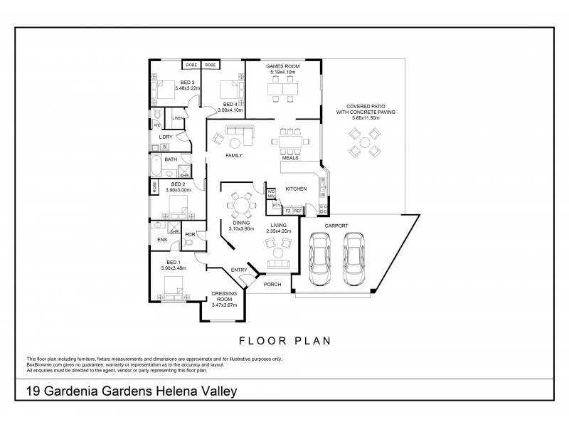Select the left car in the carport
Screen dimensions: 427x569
(x=321, y=259)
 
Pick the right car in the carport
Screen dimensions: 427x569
(x=355, y=259)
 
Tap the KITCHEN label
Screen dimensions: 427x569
(x=296, y=189)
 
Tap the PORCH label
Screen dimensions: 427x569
(x=272, y=285)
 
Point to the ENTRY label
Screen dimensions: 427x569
(x=239, y=270)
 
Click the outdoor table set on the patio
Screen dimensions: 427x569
(x=364, y=145)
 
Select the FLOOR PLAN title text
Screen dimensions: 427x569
(x=284, y=340)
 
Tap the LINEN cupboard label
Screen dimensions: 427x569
(x=178, y=118)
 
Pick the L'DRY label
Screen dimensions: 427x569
(x=166, y=137)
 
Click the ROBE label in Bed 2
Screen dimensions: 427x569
(x=153, y=187)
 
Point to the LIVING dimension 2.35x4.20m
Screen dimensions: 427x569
(x=275, y=230)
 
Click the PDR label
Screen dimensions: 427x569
(x=190, y=234)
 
